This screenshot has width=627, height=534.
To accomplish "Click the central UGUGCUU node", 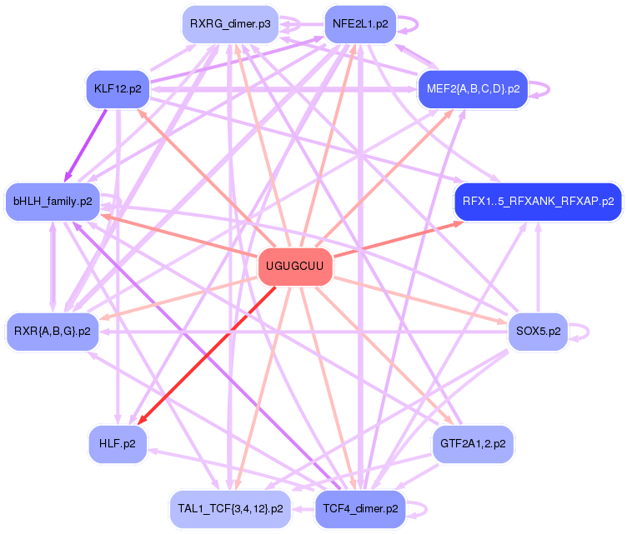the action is (x=295, y=267).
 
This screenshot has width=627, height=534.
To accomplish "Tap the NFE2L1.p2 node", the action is (x=359, y=24).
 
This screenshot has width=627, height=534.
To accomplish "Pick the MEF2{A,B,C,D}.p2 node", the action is (x=473, y=88).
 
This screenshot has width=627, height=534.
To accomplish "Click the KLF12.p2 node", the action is (x=118, y=88).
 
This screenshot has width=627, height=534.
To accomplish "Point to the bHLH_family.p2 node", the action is (x=53, y=202).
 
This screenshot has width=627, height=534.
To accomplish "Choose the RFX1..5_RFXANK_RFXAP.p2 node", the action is (x=538, y=202).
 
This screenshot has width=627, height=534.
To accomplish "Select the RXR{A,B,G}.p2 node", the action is (x=53, y=332).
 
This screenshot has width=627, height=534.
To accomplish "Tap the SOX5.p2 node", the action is (x=538, y=332).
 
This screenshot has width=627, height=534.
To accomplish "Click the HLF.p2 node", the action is (x=118, y=443).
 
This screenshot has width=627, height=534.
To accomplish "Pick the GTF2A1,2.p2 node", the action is (x=473, y=443).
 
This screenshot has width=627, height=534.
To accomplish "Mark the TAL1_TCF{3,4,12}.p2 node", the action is (x=230, y=508).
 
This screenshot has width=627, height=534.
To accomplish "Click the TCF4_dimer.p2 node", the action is (x=359, y=508).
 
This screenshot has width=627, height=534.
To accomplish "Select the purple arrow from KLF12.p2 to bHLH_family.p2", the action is (x=86, y=144).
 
